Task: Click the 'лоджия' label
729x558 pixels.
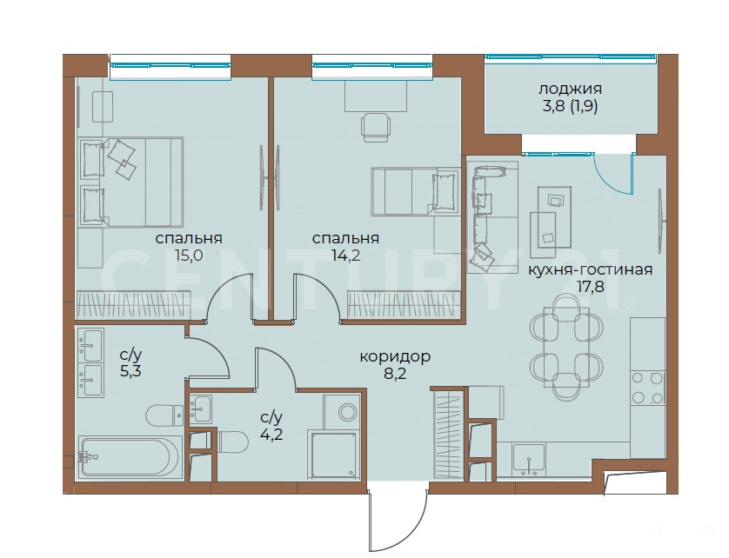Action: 570,89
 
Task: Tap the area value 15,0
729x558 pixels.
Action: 188,256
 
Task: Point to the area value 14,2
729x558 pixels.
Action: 345,256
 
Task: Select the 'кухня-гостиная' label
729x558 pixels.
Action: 590,269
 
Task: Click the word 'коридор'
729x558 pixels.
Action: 395,356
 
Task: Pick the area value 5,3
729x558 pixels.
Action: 130,372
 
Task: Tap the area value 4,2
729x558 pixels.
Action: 271,435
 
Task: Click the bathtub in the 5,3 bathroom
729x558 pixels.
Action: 129,456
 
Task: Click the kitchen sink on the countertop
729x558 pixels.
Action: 529,460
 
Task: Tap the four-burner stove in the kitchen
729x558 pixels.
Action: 647,388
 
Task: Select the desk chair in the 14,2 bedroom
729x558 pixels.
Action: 375,127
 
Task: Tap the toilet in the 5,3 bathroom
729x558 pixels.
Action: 164,415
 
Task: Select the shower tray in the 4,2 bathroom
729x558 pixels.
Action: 333,455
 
